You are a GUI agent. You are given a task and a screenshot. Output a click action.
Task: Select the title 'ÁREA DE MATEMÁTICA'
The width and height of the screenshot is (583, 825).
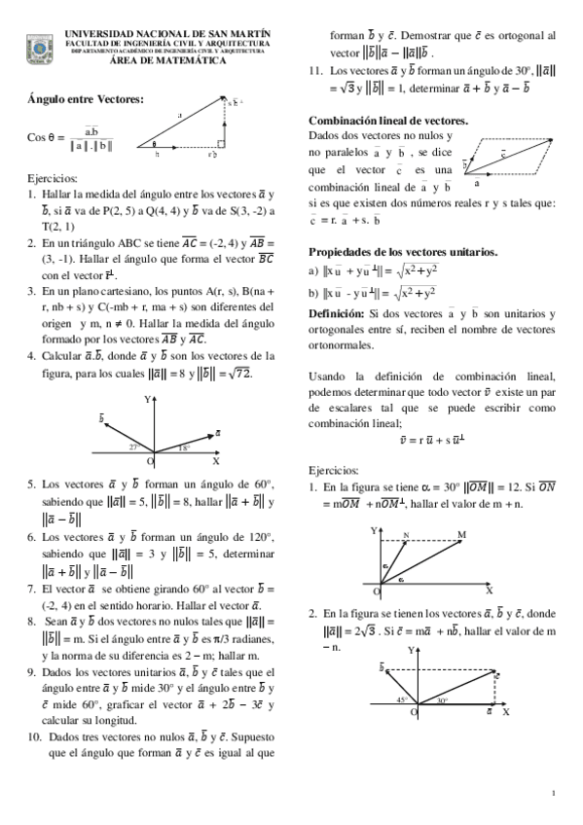[167, 60]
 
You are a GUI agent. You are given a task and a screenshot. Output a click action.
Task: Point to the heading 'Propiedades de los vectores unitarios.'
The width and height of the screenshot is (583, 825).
[402, 252]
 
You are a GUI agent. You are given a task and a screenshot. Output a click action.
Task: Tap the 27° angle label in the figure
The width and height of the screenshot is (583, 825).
[135, 448]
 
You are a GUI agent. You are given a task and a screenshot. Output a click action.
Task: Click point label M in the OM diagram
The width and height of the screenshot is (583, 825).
[460, 534]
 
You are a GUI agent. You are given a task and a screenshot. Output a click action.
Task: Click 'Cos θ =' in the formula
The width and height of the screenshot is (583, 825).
[47, 138]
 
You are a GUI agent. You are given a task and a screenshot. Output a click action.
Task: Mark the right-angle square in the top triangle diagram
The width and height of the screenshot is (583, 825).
[220, 143]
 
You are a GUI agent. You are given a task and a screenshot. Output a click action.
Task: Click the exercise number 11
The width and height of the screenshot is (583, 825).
[314, 71]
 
